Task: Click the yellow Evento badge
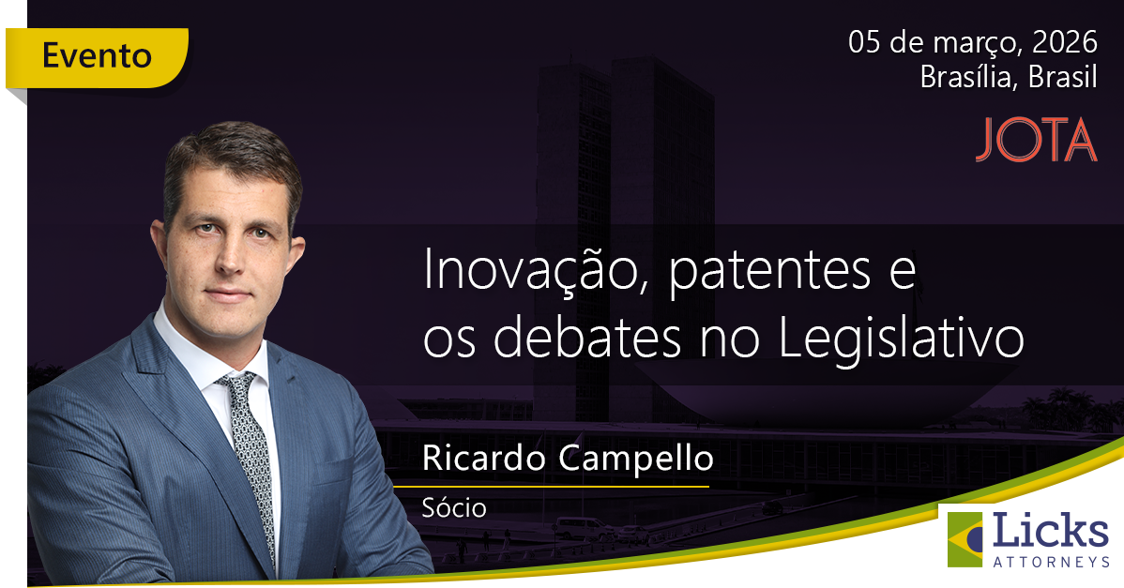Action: pos(97,56)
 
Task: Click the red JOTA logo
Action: pos(1036,141)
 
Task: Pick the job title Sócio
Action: pos(454,508)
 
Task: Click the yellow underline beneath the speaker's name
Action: pos(551,487)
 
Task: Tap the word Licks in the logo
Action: pos(1050,532)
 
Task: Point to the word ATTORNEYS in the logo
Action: pos(1050,561)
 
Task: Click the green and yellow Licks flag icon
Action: pos(965,539)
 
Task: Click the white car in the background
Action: pos(582,527)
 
